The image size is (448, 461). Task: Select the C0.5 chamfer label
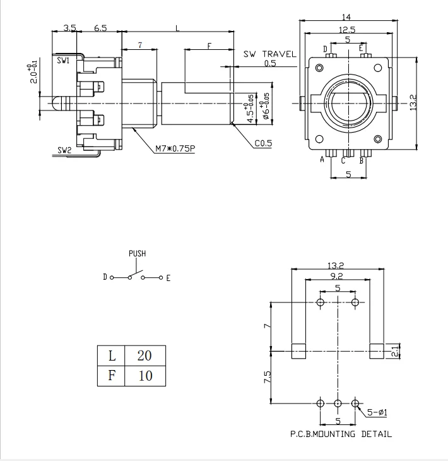pos(263,143)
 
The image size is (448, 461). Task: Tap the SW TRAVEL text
pos(270,54)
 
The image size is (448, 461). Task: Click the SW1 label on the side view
pos(63,61)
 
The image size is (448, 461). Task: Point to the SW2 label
pos(64,150)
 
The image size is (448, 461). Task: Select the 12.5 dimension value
pos(346,29)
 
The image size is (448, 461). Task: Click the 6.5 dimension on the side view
pos(100,28)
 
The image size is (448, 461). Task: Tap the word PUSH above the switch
pos(137,253)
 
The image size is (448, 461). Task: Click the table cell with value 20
pos(144,356)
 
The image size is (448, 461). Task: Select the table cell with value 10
pos(144,376)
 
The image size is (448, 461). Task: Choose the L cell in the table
pos(112,356)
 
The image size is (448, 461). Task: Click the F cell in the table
pos(112,376)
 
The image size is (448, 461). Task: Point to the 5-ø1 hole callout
pos(377,413)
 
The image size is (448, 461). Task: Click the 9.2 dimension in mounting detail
pos(337,275)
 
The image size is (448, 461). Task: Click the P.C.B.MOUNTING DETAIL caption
pos(341,434)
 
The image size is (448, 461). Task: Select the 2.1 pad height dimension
pos(396,351)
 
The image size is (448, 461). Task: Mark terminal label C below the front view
pos(343,161)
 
